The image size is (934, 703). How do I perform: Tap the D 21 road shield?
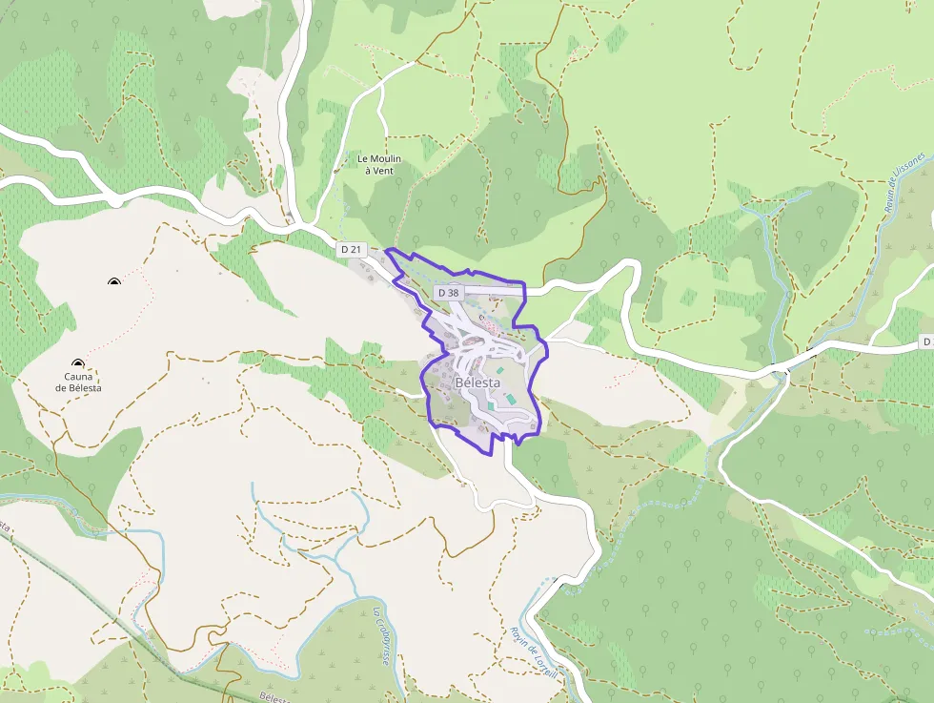[x=352, y=249]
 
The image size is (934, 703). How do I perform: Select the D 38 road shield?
[x=447, y=292]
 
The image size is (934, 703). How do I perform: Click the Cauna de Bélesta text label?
[x=78, y=383]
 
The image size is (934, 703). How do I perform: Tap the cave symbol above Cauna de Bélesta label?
[x=77, y=363]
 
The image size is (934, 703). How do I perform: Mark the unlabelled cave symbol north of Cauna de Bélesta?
[x=114, y=281]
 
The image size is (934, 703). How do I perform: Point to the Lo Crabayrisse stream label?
[x=380, y=636]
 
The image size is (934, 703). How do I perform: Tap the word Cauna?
[x=78, y=377]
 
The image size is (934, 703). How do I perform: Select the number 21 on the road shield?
[x=356, y=249]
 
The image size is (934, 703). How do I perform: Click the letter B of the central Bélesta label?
[x=460, y=382]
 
